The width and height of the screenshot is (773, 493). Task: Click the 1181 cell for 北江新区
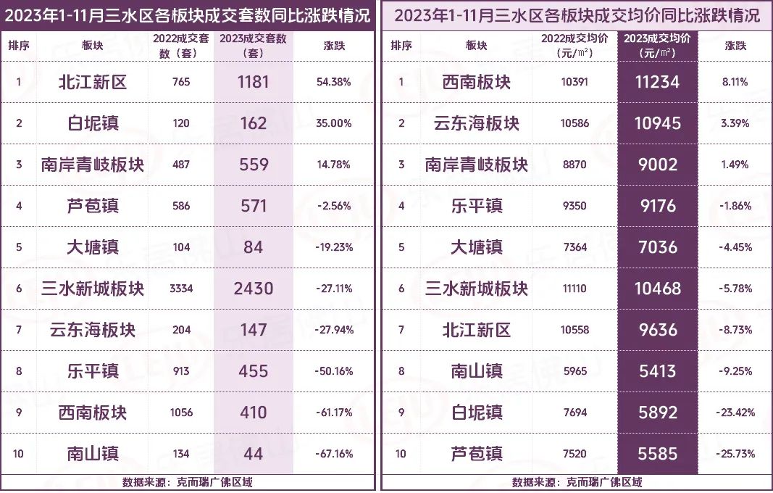[253, 82]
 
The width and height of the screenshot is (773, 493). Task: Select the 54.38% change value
[333, 82]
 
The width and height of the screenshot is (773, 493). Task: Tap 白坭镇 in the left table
[92, 123]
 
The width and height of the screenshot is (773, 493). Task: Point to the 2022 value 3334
[181, 289]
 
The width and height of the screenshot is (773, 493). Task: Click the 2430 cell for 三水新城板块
[253, 289]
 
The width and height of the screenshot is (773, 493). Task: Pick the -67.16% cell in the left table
[333, 454]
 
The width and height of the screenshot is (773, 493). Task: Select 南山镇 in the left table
[92, 454]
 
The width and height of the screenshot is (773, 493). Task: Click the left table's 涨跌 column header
[333, 45]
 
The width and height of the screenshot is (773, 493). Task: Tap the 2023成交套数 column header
[253, 45]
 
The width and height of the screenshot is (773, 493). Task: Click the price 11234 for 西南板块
[658, 82]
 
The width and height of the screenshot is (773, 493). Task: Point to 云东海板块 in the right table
[476, 123]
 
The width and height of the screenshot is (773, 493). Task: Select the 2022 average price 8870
[574, 165]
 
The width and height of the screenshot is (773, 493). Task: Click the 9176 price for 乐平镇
[658, 206]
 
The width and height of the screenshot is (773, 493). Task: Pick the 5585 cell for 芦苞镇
[658, 454]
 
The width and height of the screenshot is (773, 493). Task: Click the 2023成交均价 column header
[658, 45]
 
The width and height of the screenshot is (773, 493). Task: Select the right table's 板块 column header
[476, 45]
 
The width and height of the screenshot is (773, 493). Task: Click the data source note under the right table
[577, 482]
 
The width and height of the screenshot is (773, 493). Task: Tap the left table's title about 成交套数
[188, 14]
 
